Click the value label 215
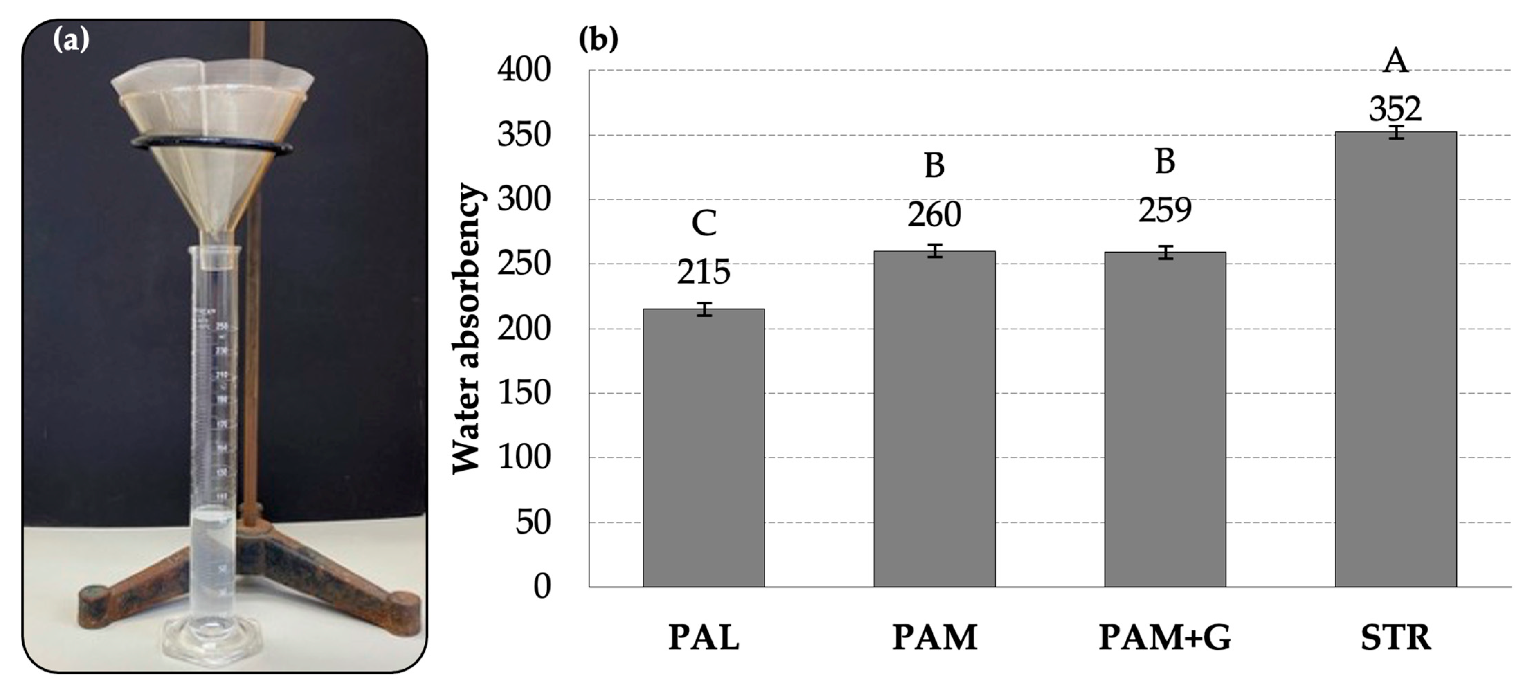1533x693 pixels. coord(704,272)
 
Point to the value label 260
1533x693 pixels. coord(934,214)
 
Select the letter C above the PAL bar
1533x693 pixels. coord(704,224)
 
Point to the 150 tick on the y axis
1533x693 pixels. coord(524,393)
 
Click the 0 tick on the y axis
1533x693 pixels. coord(542,586)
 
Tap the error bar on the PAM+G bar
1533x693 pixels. coord(1164,252)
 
